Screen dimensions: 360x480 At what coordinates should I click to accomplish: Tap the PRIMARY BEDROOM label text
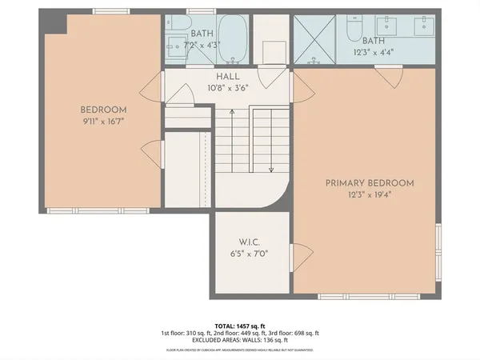[x=369, y=183]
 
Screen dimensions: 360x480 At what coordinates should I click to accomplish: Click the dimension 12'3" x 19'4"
[x=369, y=195]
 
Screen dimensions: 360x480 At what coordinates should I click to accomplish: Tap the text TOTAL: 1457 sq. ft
[x=239, y=324]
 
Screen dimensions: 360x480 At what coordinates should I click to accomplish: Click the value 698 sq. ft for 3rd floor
[x=303, y=333]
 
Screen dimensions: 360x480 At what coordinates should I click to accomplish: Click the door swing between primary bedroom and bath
[x=390, y=78]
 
